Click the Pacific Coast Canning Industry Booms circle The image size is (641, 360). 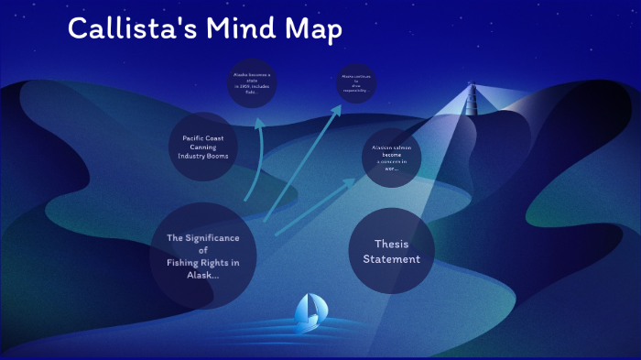[x=203, y=147]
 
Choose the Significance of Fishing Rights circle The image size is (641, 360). [x=202, y=256]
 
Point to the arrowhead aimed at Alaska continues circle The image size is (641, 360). [x=339, y=108]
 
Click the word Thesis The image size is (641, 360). [x=392, y=244]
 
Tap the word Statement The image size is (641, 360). [x=391, y=259]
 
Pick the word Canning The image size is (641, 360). [x=203, y=147]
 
